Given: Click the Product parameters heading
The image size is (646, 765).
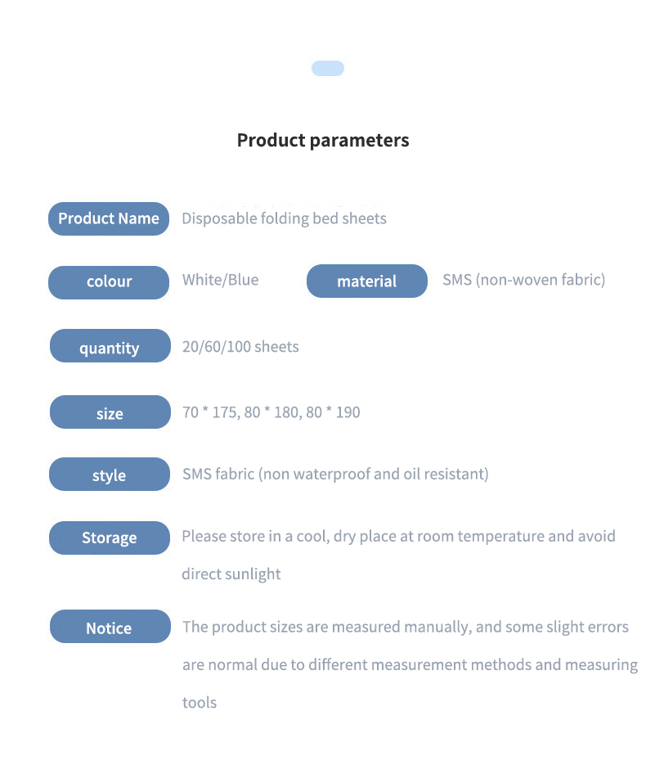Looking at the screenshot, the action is pyautogui.click(x=323, y=141).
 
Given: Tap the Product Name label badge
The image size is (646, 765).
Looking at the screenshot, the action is pyautogui.click(x=109, y=218).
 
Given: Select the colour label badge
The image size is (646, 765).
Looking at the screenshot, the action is pyautogui.click(x=109, y=282).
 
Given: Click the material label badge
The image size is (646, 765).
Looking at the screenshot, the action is pyautogui.click(x=367, y=281).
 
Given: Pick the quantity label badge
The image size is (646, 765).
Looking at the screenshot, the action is pyautogui.click(x=110, y=346).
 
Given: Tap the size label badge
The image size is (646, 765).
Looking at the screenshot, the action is pyautogui.click(x=110, y=412).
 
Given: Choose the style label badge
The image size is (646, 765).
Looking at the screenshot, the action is pyautogui.click(x=110, y=475).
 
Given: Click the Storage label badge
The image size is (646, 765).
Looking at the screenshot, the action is pyautogui.click(x=110, y=538).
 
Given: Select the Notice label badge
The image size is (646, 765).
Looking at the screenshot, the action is pyautogui.click(x=110, y=627).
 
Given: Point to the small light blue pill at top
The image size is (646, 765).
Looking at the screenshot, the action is pyautogui.click(x=328, y=68).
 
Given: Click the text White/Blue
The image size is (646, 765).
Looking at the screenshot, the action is pyautogui.click(x=220, y=280).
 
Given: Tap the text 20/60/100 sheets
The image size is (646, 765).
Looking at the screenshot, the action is pyautogui.click(x=240, y=347).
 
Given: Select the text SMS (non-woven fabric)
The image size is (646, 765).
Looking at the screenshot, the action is pyautogui.click(x=523, y=280).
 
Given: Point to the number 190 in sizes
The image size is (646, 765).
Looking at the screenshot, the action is pyautogui.click(x=348, y=412).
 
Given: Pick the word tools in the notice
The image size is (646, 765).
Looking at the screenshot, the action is pyautogui.click(x=200, y=703).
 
